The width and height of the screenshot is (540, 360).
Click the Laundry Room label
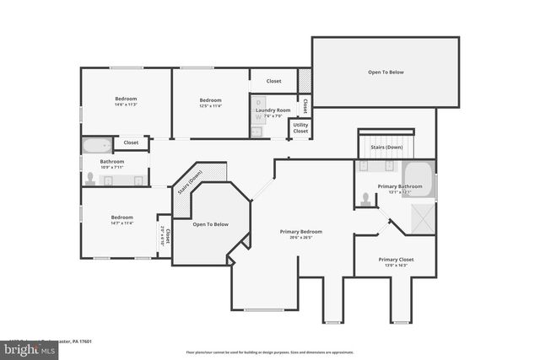pyautogui.click(x=272, y=110)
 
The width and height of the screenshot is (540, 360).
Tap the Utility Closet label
pyautogui.click(x=300, y=127)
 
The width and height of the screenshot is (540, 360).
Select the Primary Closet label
pyautogui.click(x=395, y=260)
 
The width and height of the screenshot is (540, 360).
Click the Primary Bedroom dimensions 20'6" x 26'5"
pyautogui.click(x=301, y=238)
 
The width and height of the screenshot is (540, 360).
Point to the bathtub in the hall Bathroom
pyautogui.click(x=94, y=144)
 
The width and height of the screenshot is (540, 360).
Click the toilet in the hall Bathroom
pyautogui.click(x=89, y=178)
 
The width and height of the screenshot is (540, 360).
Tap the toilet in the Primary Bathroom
pyautogui.click(x=365, y=199)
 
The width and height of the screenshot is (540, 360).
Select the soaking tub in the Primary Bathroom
pyautogui.click(x=419, y=179)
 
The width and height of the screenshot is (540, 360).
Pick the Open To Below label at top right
pyautogui.click(x=386, y=73)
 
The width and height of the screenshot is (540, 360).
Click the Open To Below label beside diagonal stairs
pyautogui.click(x=210, y=224)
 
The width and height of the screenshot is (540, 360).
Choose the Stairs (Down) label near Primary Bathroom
pyautogui.click(x=387, y=147)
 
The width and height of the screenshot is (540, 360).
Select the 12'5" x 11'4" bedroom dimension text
pyautogui.click(x=210, y=105)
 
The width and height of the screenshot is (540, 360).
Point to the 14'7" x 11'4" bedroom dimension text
pyautogui.click(x=121, y=223)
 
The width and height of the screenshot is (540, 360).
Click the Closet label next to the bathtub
pyautogui.click(x=131, y=143)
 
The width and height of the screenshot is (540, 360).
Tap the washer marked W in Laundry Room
pyautogui.click(x=257, y=132)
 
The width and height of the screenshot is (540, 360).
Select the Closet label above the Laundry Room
pyautogui.click(x=273, y=81)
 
